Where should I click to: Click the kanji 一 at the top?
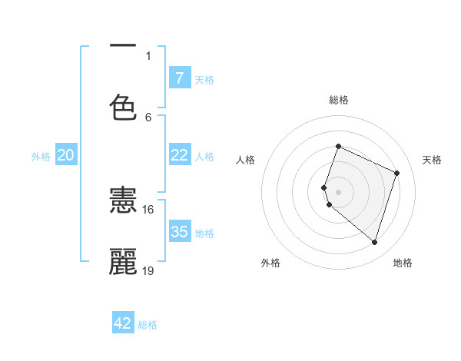(123, 47)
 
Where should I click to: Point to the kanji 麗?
(123, 262)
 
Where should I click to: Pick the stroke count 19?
(148, 270)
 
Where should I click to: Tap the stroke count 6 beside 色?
(148, 117)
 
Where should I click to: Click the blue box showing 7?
(179, 78)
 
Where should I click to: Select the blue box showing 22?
(179, 154)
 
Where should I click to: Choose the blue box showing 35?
(179, 231)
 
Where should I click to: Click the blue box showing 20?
(65, 155)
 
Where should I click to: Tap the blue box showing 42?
(123, 323)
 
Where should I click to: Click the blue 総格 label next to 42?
(148, 325)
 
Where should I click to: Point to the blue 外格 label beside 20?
(41, 157)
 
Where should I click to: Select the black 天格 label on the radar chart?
(432, 160)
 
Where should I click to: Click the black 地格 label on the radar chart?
(403, 263)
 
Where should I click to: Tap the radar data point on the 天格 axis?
(397, 173)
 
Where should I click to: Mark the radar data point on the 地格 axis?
(374, 242)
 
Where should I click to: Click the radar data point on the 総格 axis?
(338, 146)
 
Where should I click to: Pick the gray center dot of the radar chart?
(338, 191)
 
